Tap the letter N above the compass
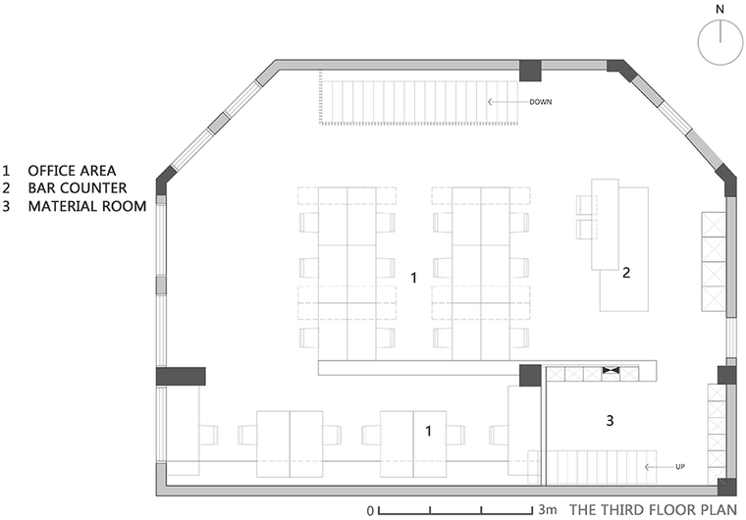(719, 9)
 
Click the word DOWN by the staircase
(541, 102)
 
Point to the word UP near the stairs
(680, 467)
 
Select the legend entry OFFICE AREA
(72, 171)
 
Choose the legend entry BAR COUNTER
(78, 188)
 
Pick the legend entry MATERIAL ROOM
(87, 206)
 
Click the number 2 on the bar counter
(626, 273)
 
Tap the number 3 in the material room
(610, 421)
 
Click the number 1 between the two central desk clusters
(414, 278)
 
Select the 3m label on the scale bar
(548, 509)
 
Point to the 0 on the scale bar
(370, 511)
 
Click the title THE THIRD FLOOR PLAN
(653, 510)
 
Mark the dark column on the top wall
(530, 71)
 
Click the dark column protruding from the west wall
(181, 377)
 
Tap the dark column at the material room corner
(530, 376)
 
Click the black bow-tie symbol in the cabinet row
(611, 370)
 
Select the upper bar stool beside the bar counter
(587, 205)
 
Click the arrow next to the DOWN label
(507, 102)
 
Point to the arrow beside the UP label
(659, 467)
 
